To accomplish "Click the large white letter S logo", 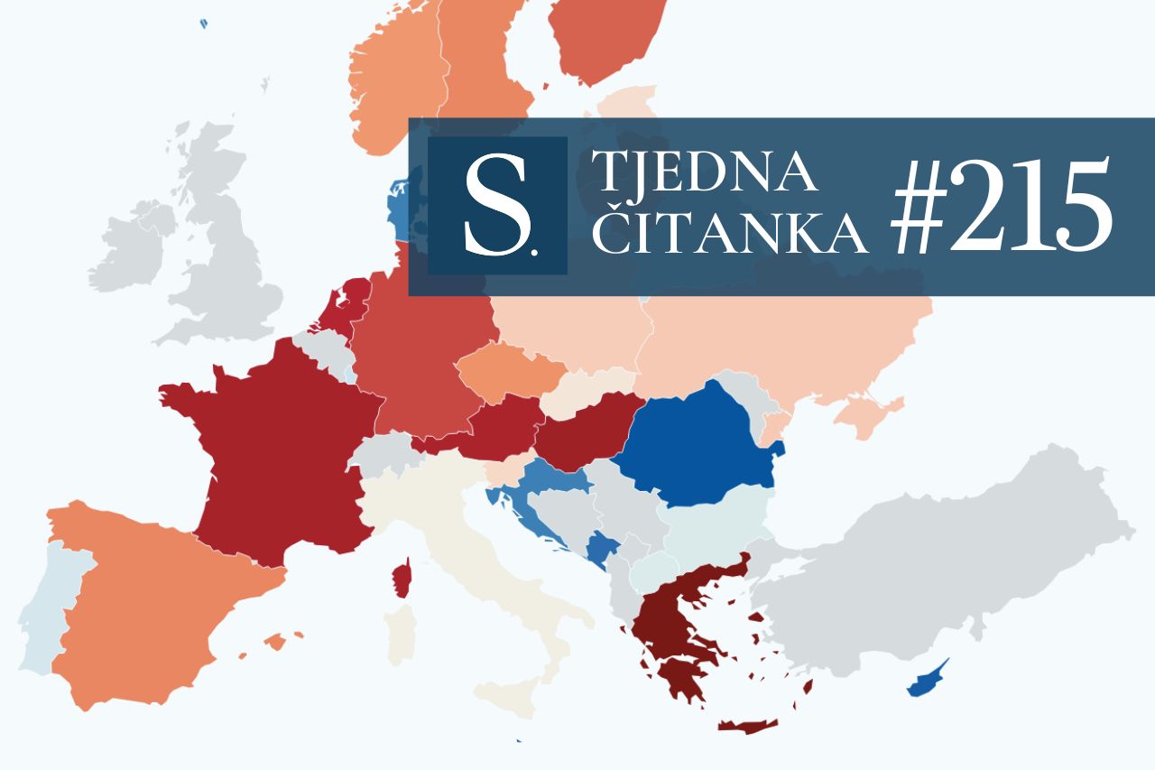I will click(496, 207).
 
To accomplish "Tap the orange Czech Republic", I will click(510, 371).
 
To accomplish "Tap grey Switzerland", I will click(383, 451).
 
